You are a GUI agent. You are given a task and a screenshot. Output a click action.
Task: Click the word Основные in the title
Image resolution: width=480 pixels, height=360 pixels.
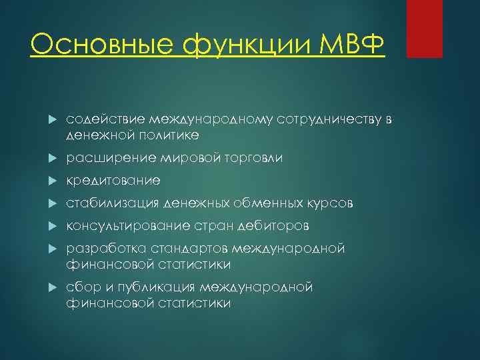pos(79,45)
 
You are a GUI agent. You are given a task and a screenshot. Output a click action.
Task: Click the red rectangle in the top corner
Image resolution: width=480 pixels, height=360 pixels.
pos(424,29)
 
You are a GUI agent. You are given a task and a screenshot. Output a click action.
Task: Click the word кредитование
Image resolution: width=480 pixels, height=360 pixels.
pos(113,181)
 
